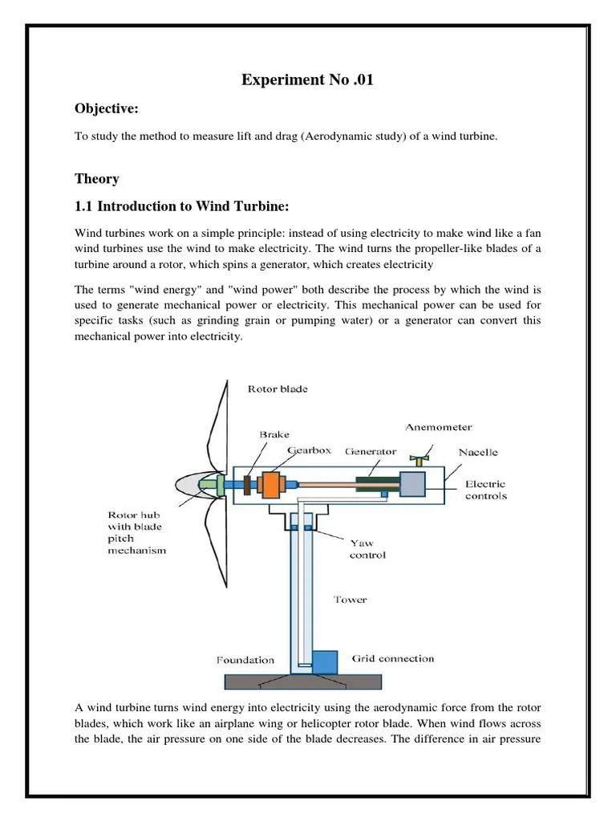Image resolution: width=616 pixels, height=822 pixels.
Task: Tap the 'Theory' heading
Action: click(96, 178)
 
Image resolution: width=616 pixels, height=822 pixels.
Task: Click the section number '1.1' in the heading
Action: click(84, 206)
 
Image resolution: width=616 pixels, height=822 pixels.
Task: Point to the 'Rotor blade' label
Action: click(278, 389)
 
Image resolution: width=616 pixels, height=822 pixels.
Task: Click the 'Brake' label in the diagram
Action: click(274, 434)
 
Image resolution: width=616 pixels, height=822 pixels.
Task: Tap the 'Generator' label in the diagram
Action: click(371, 451)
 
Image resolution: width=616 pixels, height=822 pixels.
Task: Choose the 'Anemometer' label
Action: click(439, 427)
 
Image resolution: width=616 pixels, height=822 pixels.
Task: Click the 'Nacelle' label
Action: click(478, 452)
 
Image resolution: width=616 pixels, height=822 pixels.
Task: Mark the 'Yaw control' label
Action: click(367, 548)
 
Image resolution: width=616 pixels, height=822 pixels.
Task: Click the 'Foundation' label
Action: click(245, 661)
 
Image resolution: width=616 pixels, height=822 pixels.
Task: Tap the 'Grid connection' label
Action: click(393, 658)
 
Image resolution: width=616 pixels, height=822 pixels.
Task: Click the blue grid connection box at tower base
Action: click(325, 662)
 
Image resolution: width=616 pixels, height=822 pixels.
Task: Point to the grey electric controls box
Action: click(412, 485)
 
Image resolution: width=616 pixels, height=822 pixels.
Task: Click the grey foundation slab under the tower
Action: click(304, 681)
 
